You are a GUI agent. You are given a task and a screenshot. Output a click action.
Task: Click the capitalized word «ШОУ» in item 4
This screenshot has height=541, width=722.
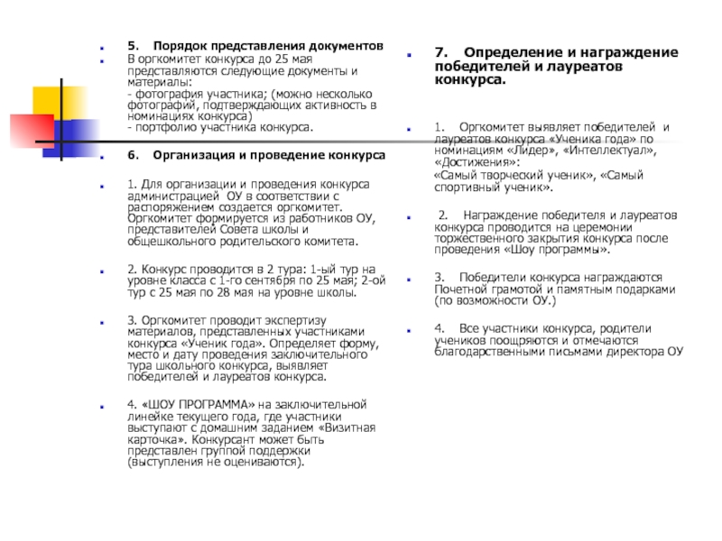click(155, 403)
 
